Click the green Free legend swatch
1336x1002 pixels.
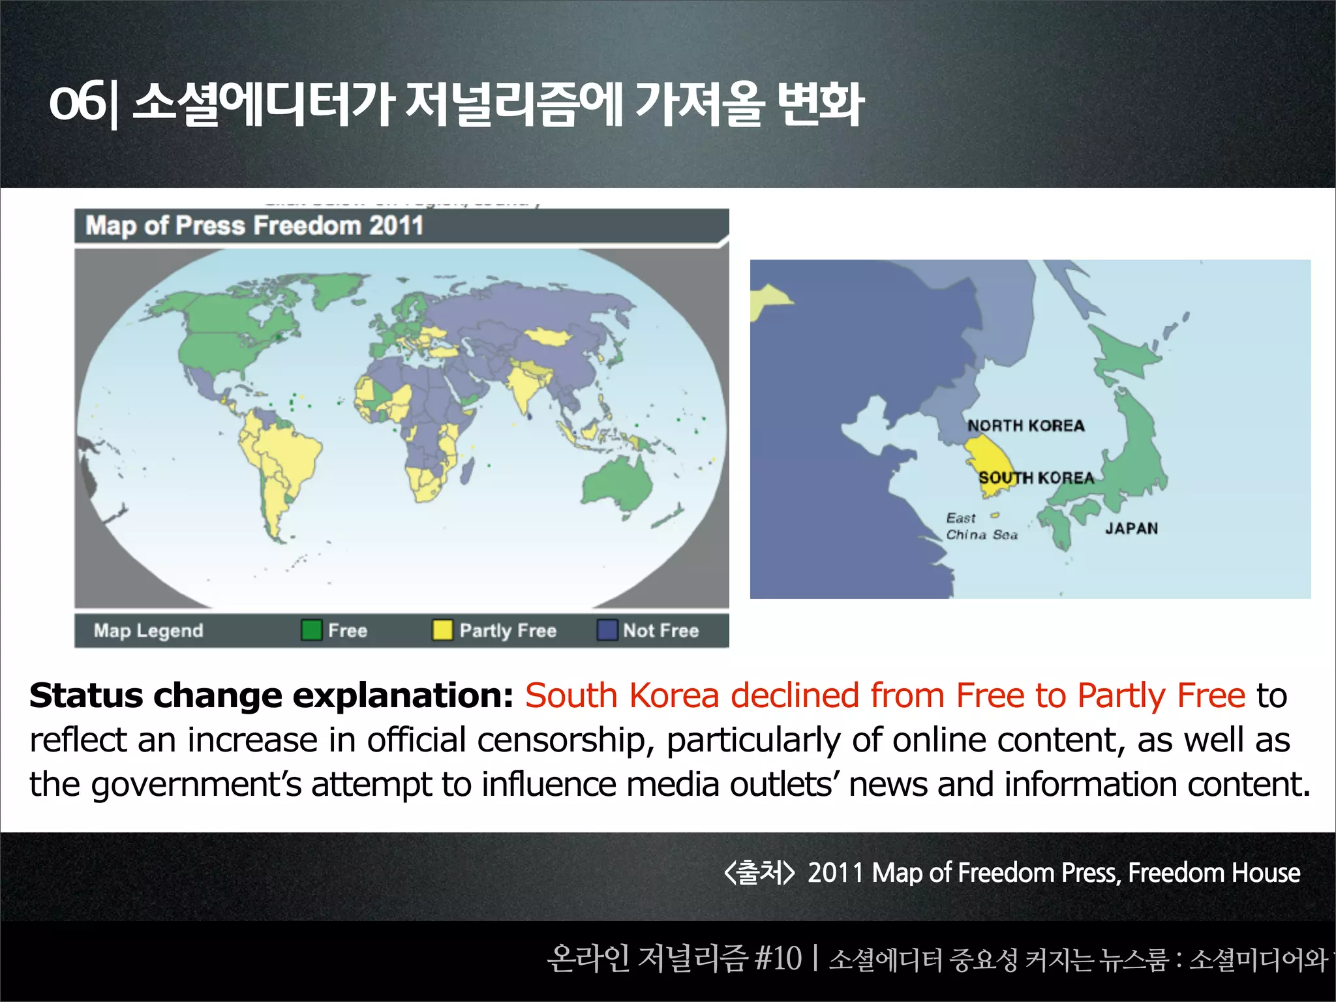pos(311,630)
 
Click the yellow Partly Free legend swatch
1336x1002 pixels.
pos(442,630)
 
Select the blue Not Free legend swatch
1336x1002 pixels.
pos(607,630)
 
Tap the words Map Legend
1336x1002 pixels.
pos(148,631)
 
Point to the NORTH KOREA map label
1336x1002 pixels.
pos(1025,426)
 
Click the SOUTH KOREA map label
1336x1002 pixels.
pos(1036,478)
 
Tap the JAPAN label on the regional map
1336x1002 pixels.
pos(1131,528)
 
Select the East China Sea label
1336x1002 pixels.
pos(981,526)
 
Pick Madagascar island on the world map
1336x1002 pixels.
pos(467,470)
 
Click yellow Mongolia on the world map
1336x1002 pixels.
pos(548,337)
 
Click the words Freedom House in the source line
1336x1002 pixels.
pos(1214,873)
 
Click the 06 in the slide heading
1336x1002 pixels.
pos(77,102)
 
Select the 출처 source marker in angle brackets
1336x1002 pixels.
pos(759,873)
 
